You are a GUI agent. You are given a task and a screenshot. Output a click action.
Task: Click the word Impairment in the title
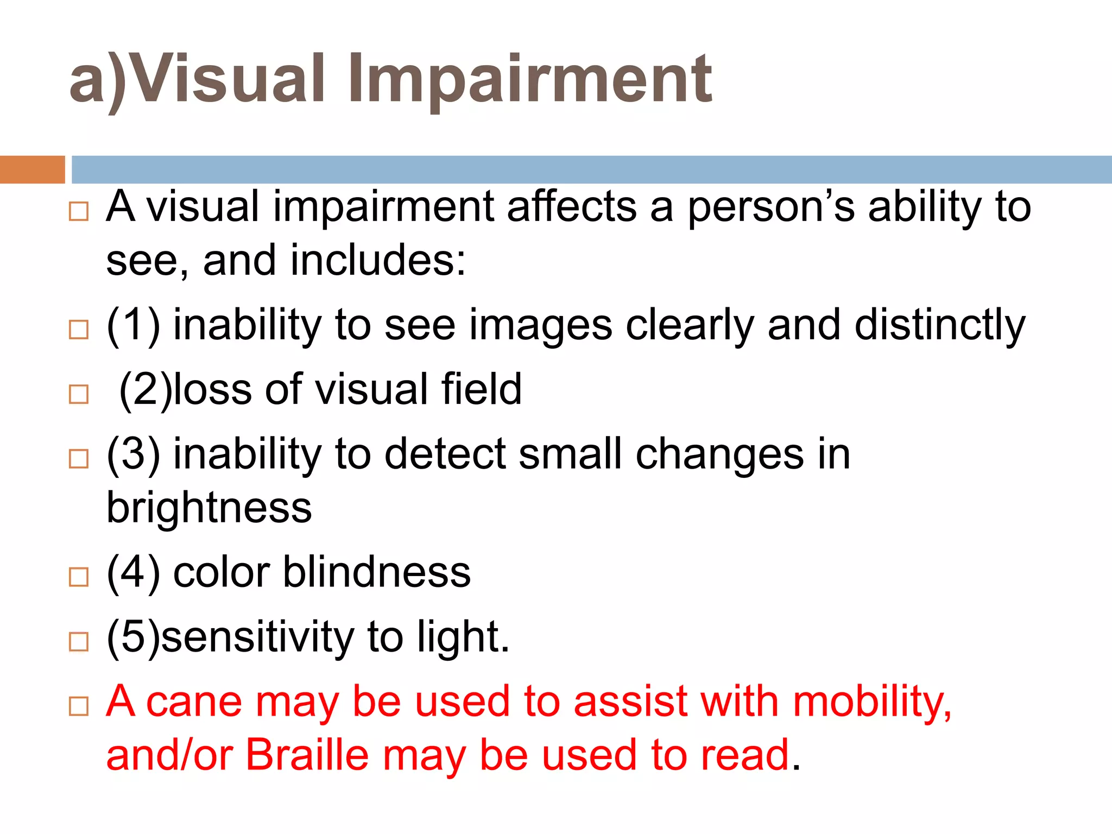click(529, 80)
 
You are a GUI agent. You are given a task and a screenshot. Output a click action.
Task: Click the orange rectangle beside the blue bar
click(32, 169)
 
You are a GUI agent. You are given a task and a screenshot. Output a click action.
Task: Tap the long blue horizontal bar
click(591, 169)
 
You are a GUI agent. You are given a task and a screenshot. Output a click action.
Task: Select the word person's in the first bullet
click(772, 207)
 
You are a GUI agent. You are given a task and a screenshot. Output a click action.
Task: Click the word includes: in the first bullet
click(378, 261)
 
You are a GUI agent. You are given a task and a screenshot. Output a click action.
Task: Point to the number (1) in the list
click(134, 325)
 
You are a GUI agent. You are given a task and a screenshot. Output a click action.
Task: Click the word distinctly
click(939, 326)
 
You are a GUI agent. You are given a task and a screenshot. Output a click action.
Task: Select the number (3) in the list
click(134, 454)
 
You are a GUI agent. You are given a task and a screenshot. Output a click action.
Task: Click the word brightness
click(209, 508)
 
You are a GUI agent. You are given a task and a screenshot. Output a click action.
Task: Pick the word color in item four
click(222, 572)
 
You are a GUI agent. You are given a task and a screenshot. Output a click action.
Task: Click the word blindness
click(376, 572)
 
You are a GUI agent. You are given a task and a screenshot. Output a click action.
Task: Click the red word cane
click(194, 702)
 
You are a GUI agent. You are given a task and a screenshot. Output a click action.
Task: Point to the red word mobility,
click(872, 702)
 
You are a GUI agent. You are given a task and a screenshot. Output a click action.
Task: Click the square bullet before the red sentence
click(79, 706)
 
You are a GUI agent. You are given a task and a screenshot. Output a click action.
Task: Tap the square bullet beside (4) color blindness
click(79, 577)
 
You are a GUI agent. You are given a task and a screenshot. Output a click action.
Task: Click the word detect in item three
click(444, 454)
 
